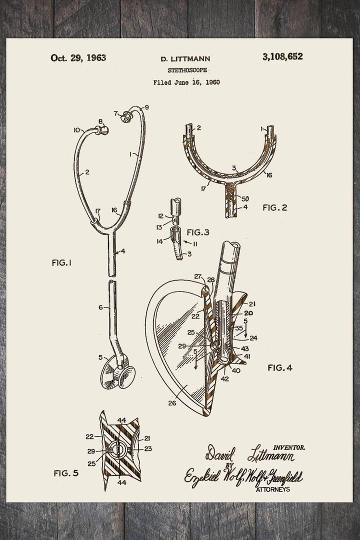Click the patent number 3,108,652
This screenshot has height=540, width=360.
click(281, 56)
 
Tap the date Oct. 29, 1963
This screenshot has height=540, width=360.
click(78, 57)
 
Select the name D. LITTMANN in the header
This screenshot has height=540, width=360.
click(185, 58)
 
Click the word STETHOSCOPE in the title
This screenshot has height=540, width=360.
click(185, 70)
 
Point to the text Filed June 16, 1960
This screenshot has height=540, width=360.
click(186, 82)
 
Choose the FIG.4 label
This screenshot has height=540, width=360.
click(280, 367)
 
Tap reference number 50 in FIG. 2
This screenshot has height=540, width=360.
click(245, 198)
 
